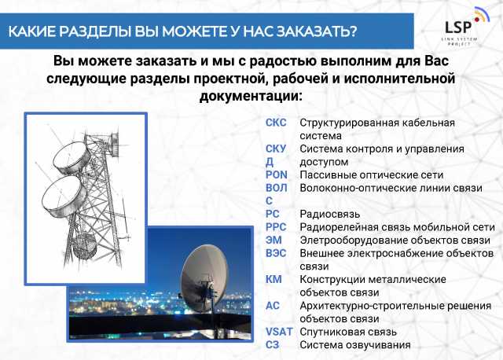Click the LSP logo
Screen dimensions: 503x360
pos(465,27)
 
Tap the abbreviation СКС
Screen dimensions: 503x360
pos(276,123)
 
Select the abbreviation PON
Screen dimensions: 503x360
pos(276,174)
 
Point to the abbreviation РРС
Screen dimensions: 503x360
pos(276,227)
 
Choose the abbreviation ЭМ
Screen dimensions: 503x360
pos(274,240)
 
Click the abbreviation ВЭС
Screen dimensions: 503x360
pos(276,253)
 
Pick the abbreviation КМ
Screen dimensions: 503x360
pos(274,280)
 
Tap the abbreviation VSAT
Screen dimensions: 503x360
pos(279,332)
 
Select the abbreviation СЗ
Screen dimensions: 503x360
pos(273,345)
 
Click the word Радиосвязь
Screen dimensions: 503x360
pos(330,214)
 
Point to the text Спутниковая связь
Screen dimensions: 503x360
pos(348,332)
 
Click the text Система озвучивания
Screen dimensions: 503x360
pos(355,345)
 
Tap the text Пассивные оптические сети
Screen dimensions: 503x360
pos(372,174)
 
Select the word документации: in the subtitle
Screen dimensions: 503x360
pos(251,96)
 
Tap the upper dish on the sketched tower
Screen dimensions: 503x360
pos(72,158)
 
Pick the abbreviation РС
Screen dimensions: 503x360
pos(273,214)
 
